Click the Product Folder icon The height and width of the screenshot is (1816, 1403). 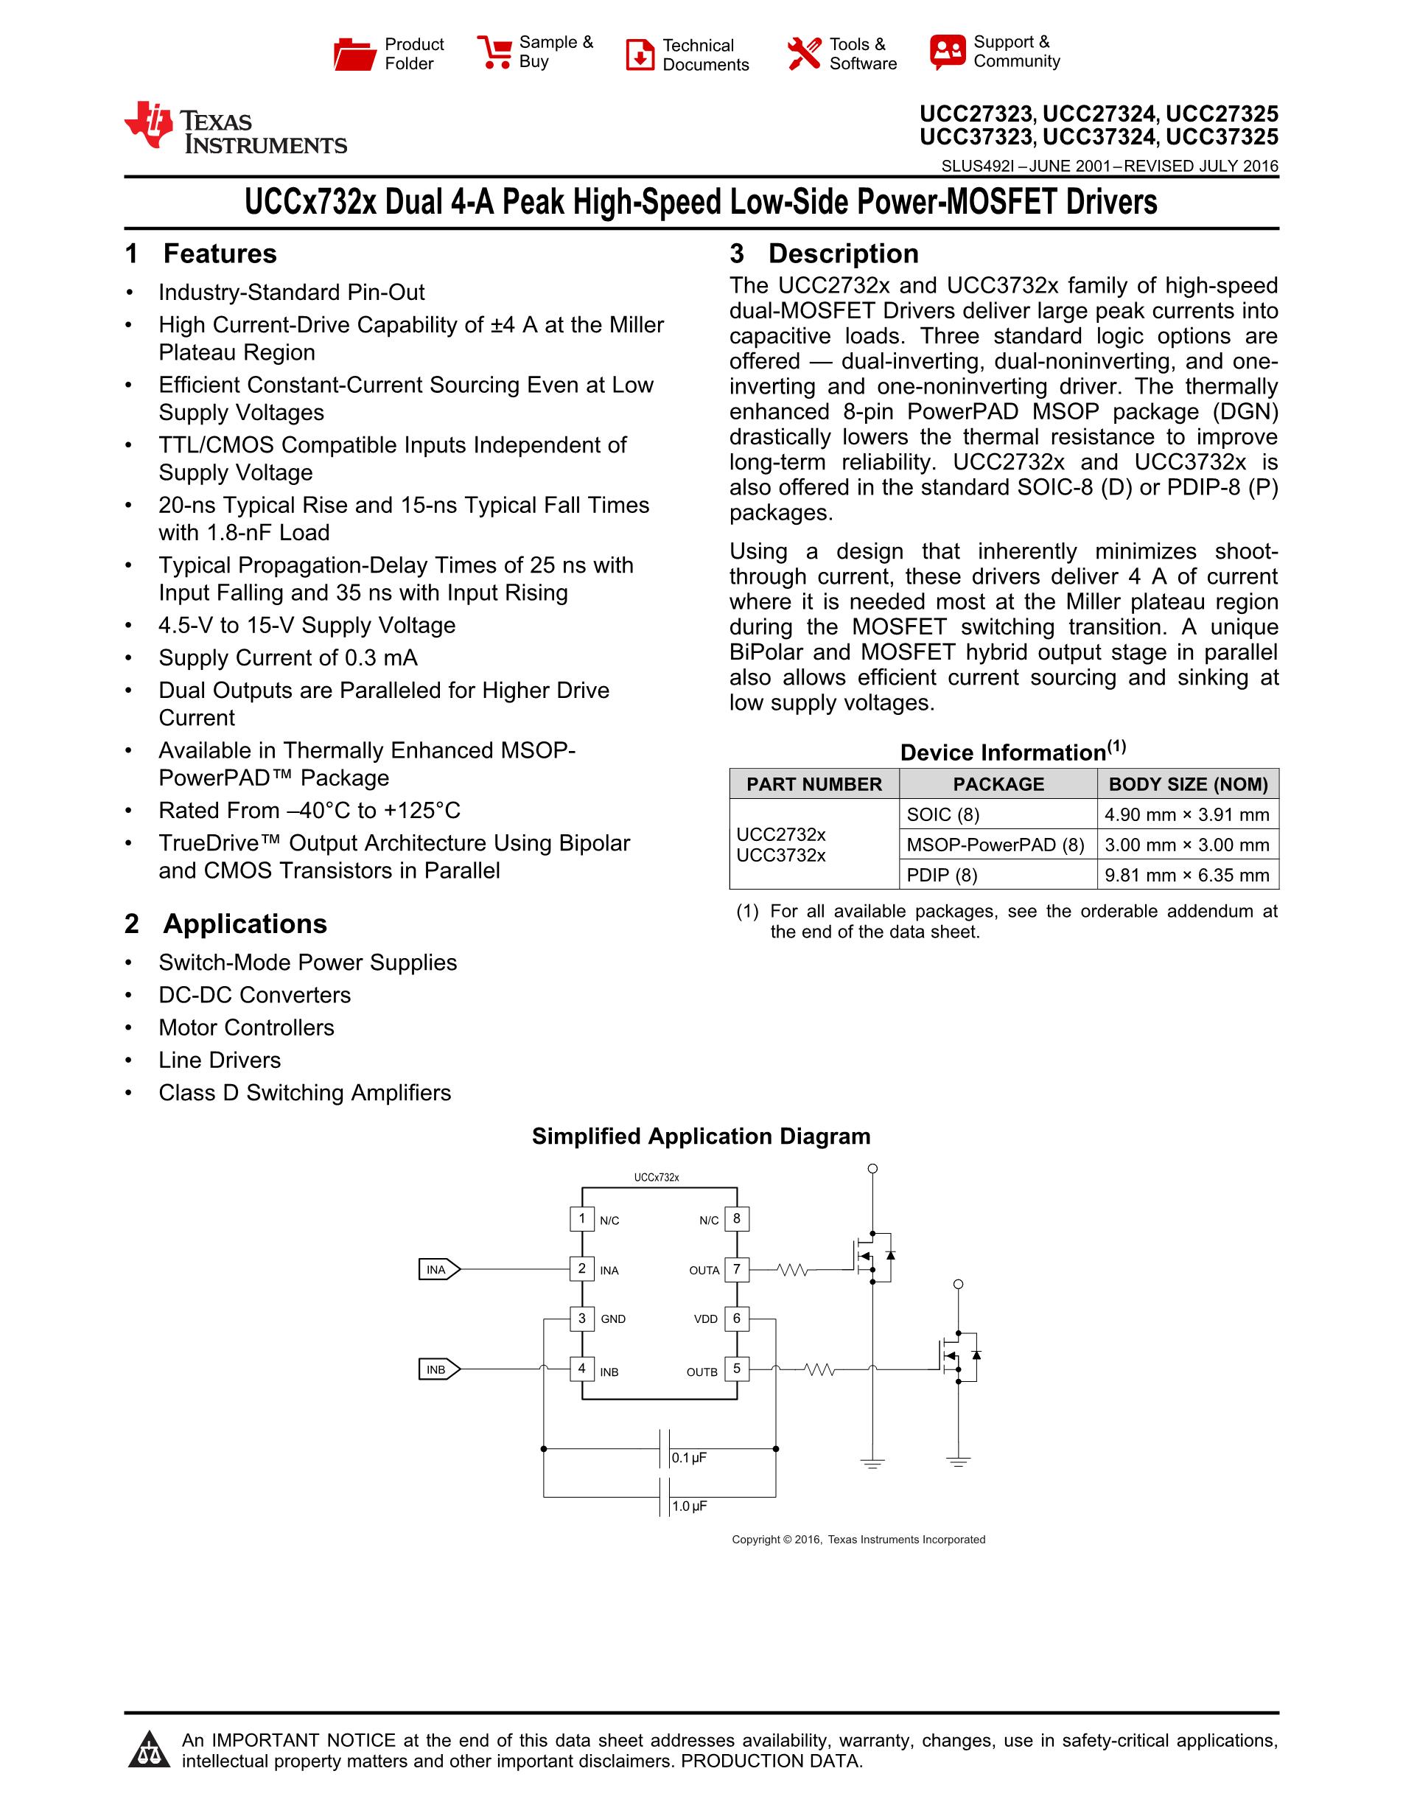(355, 54)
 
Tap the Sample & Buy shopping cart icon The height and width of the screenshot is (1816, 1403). (494, 52)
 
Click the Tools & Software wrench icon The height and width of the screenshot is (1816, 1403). (804, 54)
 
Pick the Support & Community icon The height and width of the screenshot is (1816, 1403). (948, 52)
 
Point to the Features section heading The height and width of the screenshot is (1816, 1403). (220, 254)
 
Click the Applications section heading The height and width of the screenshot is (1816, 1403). (245, 923)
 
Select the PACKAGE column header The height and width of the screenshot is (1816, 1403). (998, 784)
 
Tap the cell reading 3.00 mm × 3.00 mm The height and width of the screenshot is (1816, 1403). (1186, 845)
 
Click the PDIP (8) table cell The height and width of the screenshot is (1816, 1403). (942, 875)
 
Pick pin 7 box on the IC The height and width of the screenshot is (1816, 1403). (736, 1269)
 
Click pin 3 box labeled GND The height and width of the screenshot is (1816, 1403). (582, 1319)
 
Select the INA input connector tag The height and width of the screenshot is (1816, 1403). (438, 1270)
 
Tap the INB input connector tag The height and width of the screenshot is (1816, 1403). (438, 1369)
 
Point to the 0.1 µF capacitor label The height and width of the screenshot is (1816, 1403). (689, 1458)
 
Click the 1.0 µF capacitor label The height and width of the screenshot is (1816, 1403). (689, 1506)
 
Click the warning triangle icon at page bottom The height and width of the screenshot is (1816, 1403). (150, 1749)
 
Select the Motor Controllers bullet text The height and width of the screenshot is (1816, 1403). (246, 1027)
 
